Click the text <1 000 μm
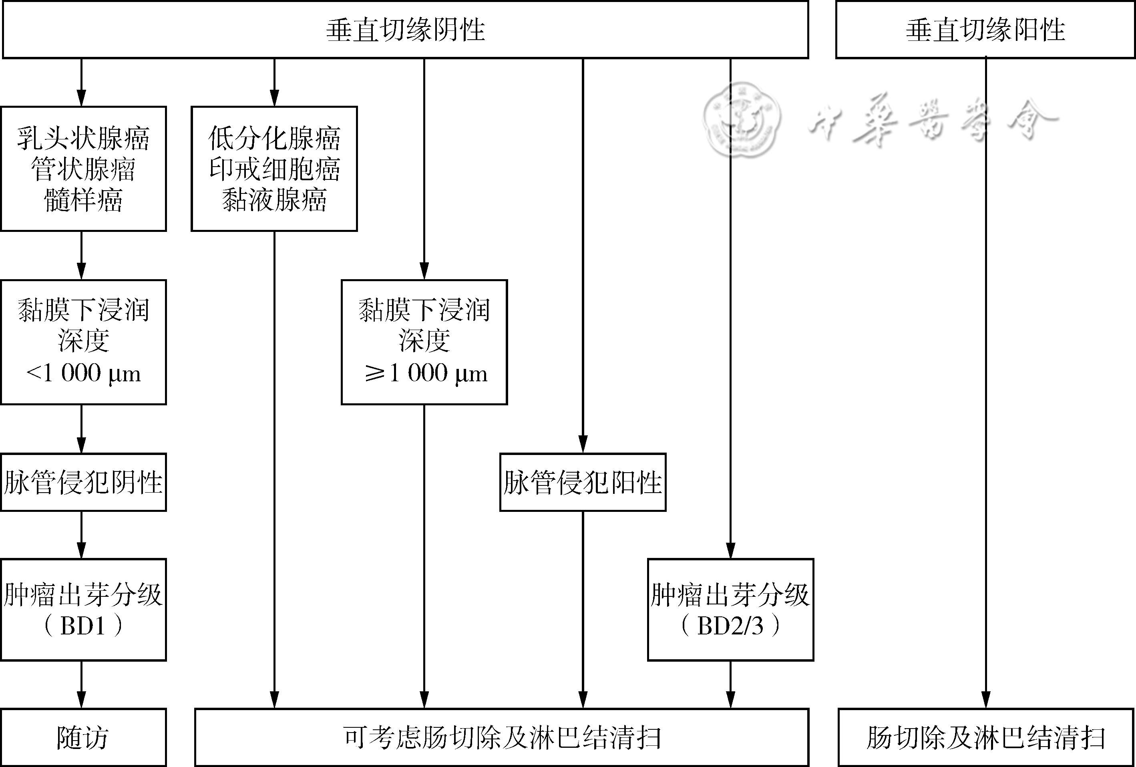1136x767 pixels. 83,373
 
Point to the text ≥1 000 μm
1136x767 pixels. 426,373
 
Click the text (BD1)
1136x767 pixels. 83,626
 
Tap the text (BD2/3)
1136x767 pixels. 730,626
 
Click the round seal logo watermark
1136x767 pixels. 742,119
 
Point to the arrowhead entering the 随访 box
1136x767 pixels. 82,700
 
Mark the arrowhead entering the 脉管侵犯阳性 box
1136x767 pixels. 583,445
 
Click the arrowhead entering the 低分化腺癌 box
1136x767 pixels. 274,98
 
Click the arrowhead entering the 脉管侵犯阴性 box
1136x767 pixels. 82,445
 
